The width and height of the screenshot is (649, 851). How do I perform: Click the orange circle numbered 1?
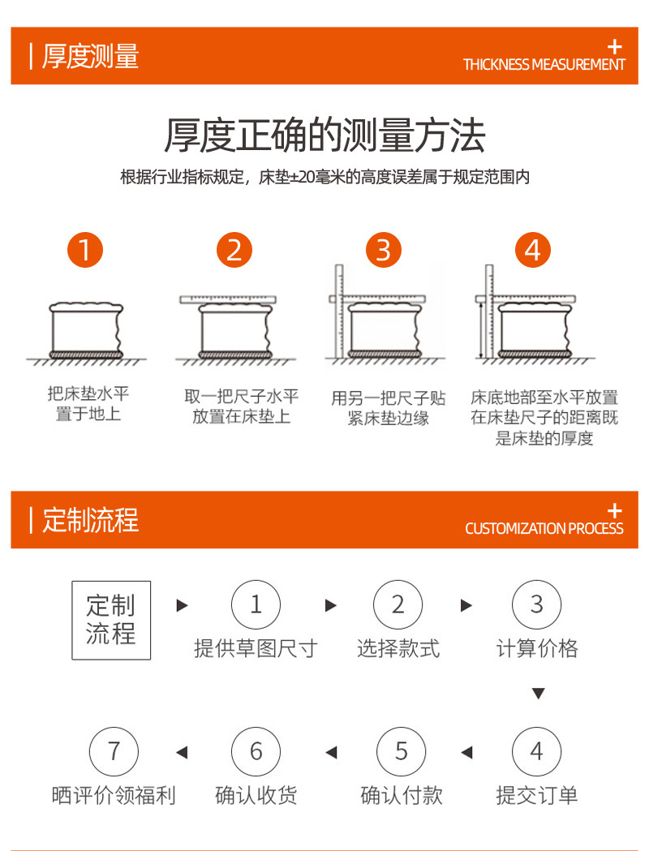coord(85,250)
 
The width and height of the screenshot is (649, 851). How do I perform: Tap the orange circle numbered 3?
coord(384,250)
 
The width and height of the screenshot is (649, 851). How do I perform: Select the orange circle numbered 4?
coord(532,250)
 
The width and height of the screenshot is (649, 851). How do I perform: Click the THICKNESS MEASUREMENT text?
coord(544,65)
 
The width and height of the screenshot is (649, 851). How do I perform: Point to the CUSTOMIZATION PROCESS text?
coord(544,529)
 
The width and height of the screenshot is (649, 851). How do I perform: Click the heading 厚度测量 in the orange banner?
coord(91,56)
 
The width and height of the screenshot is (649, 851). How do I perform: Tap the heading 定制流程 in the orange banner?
coord(91,520)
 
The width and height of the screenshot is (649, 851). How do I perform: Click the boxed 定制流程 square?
coord(111,621)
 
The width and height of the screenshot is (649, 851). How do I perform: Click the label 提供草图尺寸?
coord(256,648)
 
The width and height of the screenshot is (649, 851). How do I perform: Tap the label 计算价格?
coord(537,648)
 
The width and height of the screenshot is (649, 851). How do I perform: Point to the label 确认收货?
coord(256,796)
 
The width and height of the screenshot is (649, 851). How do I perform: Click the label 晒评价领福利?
coord(114,796)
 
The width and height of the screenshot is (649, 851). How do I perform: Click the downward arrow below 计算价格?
coord(539,694)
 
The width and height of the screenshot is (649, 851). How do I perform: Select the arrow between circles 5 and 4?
coord(466,752)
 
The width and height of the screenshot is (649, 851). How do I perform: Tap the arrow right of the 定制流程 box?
coord(183,605)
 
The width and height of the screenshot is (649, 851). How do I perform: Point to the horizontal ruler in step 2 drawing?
coord(228,299)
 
